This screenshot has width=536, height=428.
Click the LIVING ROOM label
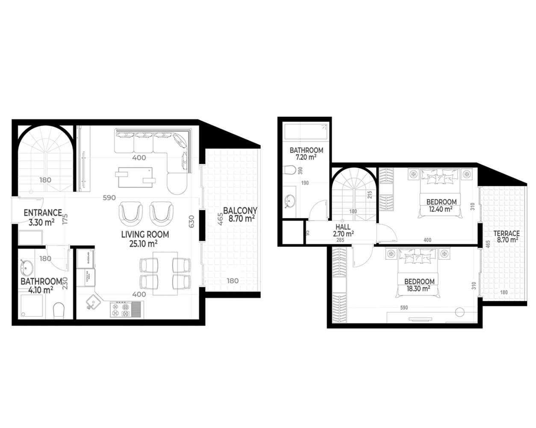click(145, 235)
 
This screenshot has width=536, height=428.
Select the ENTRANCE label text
click(43, 212)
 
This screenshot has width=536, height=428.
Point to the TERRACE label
click(507, 234)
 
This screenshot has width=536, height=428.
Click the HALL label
click(343, 227)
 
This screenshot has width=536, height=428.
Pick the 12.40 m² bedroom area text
click(441, 209)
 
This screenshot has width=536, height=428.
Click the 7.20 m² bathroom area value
click(306, 158)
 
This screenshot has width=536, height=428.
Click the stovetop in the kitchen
click(121, 310)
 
